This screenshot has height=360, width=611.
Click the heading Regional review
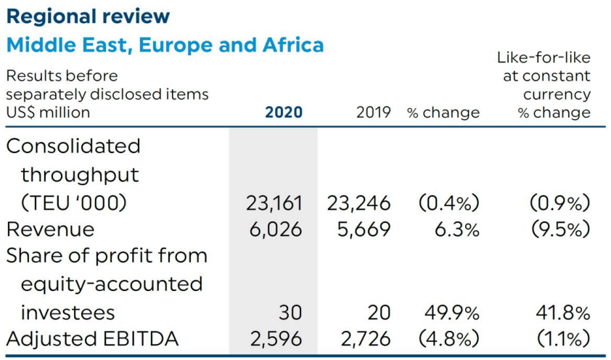pyautogui.click(x=88, y=16)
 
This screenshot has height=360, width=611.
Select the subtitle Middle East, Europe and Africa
pyautogui.click(x=165, y=45)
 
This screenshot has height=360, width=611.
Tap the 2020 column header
pyautogui.click(x=284, y=112)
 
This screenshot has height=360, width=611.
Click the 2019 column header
pyautogui.click(x=373, y=112)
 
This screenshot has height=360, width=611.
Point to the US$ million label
pyautogui.click(x=48, y=112)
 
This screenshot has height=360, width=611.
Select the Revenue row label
pyautogui.click(x=50, y=229)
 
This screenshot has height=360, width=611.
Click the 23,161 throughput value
pyautogui.click(x=273, y=203)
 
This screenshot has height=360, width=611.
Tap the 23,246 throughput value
pyautogui.click(x=358, y=203)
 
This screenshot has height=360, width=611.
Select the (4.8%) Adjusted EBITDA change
pyautogui.click(x=448, y=338)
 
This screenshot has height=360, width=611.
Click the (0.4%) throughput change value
pyautogui.click(x=448, y=203)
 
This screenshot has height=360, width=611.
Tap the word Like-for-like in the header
pyautogui.click(x=544, y=57)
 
